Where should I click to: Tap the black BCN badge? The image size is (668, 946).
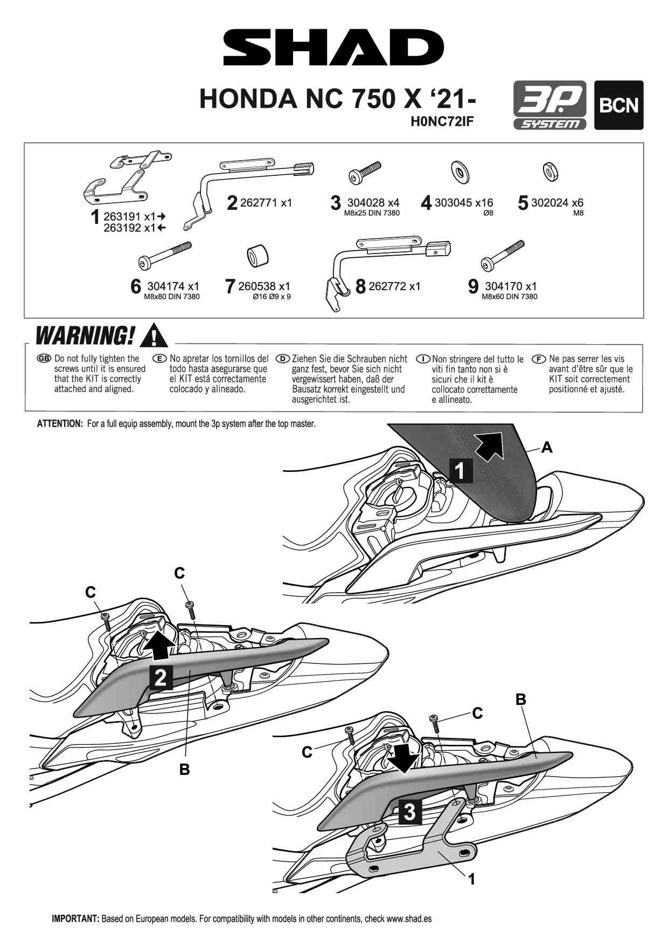click(618, 105)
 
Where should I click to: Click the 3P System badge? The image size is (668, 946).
click(549, 105)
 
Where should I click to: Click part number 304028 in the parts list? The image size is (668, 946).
click(366, 203)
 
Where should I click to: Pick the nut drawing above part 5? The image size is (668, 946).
click(551, 172)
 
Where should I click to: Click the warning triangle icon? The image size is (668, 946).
click(153, 335)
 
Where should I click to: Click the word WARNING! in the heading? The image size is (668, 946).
click(85, 335)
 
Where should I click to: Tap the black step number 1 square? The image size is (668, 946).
click(460, 470)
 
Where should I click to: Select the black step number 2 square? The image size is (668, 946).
click(161, 677)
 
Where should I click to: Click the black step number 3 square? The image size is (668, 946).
click(409, 811)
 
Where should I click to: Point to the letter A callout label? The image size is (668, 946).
click(547, 447)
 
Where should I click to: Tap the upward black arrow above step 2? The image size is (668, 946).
click(160, 645)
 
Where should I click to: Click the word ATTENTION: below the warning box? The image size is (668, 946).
click(59, 424)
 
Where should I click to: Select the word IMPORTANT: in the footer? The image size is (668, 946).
click(75, 918)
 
